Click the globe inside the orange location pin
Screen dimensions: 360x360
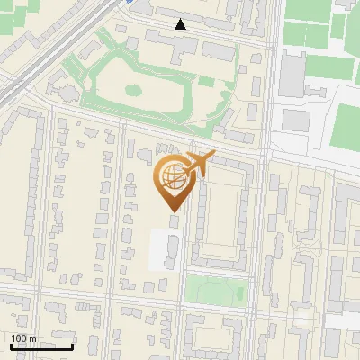pyautogui.click(x=172, y=178)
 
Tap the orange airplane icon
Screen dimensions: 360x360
pyautogui.click(x=197, y=164)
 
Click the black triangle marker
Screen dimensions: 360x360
pyautogui.click(x=181, y=24)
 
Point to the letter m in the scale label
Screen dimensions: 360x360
pyautogui.click(x=32, y=338)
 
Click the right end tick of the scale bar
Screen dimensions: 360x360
pyautogui.click(x=72, y=345)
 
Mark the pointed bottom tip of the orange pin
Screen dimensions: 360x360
pyautogui.click(x=173, y=211)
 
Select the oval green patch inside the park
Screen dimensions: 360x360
pyautogui.click(x=134, y=90)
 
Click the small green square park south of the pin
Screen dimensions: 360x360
pyautogui.click(x=216, y=291)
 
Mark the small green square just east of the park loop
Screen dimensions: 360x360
pyautogui.click(x=207, y=82)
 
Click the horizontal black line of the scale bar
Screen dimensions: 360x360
pyautogui.click(x=41, y=346)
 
